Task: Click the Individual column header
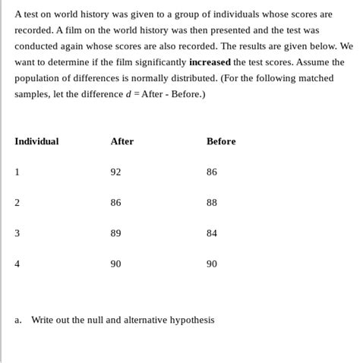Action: point(36,141)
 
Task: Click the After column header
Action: point(122,141)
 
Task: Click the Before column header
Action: point(221,141)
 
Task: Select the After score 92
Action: point(115,172)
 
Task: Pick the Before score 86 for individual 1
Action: point(212,172)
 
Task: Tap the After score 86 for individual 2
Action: point(115,203)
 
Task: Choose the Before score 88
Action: point(212,203)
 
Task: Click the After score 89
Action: point(115,233)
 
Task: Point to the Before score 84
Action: point(212,233)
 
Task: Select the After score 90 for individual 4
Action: point(115,264)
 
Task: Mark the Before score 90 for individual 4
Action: point(212,264)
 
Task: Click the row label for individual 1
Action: point(17,172)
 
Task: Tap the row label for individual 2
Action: point(17,203)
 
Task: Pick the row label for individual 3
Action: point(17,233)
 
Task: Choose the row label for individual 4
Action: point(17,264)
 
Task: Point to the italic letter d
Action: point(128,94)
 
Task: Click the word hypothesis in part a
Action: point(192,320)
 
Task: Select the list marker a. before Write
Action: point(17,320)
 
